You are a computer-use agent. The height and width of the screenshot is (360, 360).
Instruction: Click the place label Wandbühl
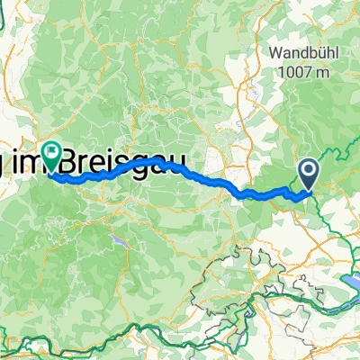pos(301,53)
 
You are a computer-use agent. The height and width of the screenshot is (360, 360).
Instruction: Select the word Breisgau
pos(135,162)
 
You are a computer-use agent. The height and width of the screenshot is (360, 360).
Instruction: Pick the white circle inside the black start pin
pos(309,168)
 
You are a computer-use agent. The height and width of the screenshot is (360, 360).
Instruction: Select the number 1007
pos(293,73)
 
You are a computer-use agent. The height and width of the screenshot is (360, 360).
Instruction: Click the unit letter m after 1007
pos(322,73)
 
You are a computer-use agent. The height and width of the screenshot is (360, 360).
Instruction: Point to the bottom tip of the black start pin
pos(309,190)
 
